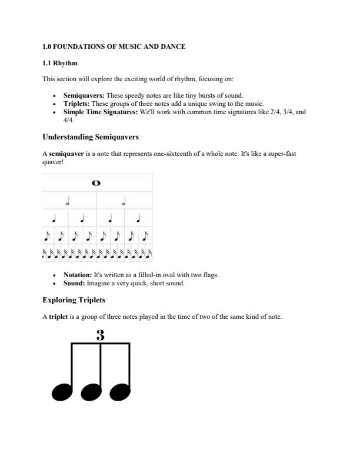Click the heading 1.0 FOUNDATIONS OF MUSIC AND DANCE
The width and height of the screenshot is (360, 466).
[x=114, y=46]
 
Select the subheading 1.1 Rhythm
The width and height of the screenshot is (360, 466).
[x=60, y=63]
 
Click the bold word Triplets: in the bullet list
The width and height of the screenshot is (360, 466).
[x=76, y=104]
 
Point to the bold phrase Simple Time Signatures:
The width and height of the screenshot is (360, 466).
[x=101, y=112]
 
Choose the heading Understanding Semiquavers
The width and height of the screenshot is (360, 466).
[x=91, y=137]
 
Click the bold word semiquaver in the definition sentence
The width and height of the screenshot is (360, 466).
[x=66, y=154]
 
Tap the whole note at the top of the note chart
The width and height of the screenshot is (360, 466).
[x=96, y=183]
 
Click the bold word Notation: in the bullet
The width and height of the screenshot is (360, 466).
[x=78, y=275]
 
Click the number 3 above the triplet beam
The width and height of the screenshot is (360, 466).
[x=100, y=336]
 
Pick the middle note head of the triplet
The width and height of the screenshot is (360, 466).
[x=91, y=391]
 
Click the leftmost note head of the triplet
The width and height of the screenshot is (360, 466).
[x=62, y=391]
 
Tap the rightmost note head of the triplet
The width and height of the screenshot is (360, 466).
[x=120, y=391]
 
